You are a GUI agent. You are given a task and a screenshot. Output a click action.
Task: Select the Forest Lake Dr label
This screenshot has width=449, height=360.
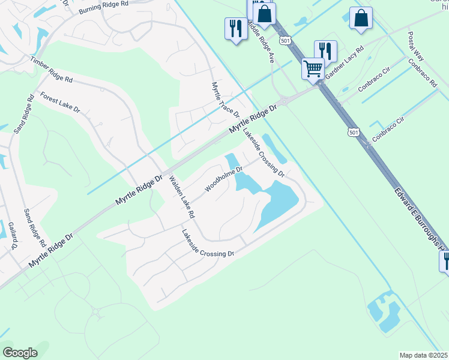click(x=60, y=101)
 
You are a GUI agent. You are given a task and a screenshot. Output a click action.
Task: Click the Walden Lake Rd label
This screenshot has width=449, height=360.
click(x=182, y=197)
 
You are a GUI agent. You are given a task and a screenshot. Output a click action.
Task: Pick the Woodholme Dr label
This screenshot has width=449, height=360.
click(x=223, y=179)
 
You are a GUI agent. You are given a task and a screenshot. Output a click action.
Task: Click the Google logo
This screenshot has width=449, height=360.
click(x=20, y=353)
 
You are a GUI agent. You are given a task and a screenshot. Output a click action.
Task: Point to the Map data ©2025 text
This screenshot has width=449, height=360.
click(x=424, y=355)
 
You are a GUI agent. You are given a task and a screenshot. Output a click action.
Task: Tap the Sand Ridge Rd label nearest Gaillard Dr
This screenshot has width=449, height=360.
click(x=34, y=228)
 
